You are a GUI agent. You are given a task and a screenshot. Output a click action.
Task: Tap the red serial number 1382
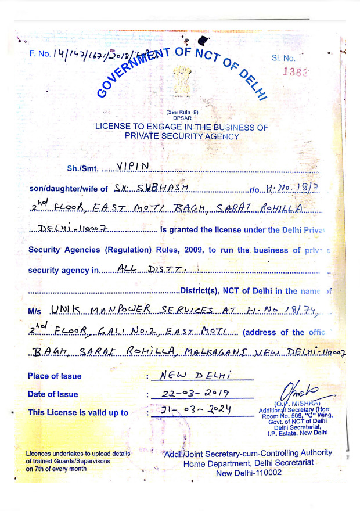(x=295, y=72)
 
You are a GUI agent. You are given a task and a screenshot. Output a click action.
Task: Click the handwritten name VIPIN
(x=133, y=166)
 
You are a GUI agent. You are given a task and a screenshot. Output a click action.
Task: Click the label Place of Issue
(x=55, y=376)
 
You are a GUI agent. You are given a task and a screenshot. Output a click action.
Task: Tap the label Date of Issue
(x=53, y=394)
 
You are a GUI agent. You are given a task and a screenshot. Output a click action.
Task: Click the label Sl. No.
(x=283, y=58)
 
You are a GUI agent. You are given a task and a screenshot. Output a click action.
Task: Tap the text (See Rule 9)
(x=182, y=112)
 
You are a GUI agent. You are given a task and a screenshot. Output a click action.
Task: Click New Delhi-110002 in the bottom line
(x=249, y=473)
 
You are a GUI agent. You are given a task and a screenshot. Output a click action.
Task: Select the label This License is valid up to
(x=78, y=413)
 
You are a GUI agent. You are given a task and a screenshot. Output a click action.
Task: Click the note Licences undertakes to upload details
(x=78, y=453)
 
